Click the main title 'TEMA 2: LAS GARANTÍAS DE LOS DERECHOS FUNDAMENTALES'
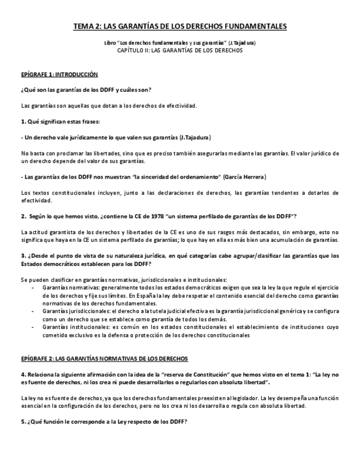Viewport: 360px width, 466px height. [x=180, y=26]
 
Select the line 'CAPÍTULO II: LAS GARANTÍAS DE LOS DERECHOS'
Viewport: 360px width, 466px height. [x=180, y=50]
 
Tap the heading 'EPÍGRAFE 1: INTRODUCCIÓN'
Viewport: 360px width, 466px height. [x=59, y=74]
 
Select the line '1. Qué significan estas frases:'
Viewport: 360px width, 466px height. [x=60, y=121]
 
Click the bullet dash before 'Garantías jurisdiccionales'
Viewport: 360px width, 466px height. [x=34, y=311]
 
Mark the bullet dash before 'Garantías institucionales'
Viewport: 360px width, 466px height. [x=34, y=327]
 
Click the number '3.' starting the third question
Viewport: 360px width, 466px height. [x=23, y=256]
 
